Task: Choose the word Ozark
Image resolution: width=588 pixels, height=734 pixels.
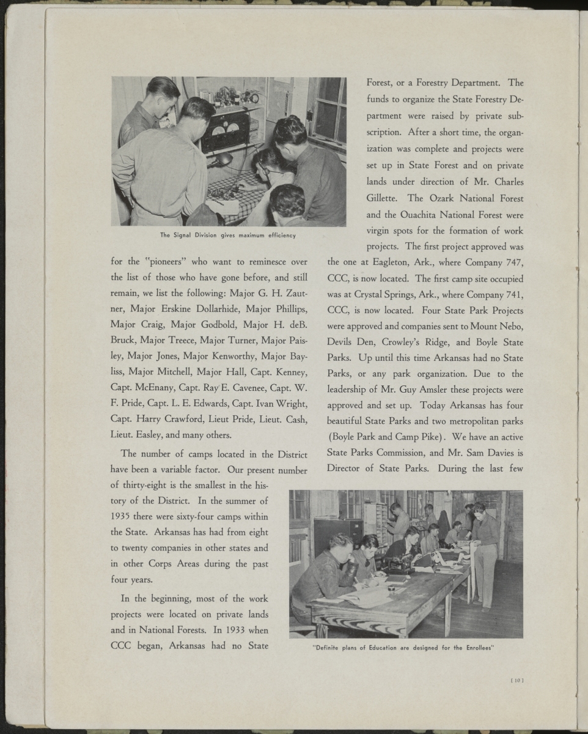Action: tap(441, 198)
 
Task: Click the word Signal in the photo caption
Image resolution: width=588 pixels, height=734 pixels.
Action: tap(184, 235)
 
